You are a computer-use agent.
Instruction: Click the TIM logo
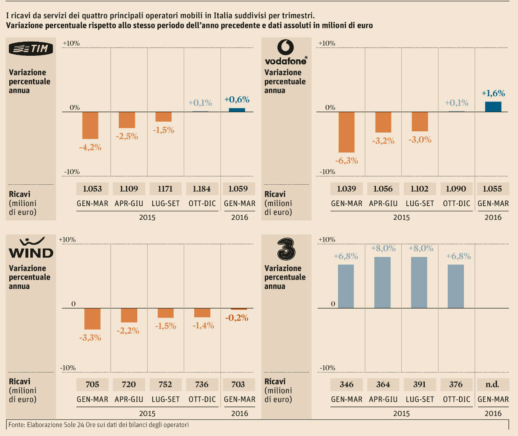(x=31, y=48)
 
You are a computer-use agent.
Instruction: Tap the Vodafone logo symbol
(x=285, y=47)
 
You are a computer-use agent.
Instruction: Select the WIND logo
(x=31, y=248)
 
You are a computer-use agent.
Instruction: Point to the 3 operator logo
(x=286, y=249)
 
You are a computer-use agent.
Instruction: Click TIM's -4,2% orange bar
(x=90, y=125)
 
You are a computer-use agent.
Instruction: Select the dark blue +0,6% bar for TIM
(x=237, y=110)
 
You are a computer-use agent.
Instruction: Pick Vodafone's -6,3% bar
(x=346, y=132)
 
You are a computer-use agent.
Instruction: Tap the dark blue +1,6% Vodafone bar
(x=493, y=107)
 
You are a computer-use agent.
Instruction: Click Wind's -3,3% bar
(x=92, y=319)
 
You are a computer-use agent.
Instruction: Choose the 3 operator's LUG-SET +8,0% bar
(x=419, y=282)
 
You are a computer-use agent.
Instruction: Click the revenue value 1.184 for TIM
(x=201, y=189)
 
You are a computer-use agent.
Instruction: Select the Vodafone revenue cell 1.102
(x=419, y=189)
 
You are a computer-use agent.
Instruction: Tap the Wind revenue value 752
(x=165, y=384)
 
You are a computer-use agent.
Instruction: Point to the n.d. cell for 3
(x=493, y=384)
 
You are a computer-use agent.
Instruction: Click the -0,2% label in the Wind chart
(x=237, y=318)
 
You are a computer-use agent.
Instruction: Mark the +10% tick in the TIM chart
(x=71, y=43)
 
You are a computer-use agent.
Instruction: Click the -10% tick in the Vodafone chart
(x=327, y=172)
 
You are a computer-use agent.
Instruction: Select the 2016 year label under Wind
(x=239, y=413)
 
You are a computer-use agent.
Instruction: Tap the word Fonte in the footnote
(x=17, y=425)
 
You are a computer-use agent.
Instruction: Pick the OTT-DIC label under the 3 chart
(x=457, y=399)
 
